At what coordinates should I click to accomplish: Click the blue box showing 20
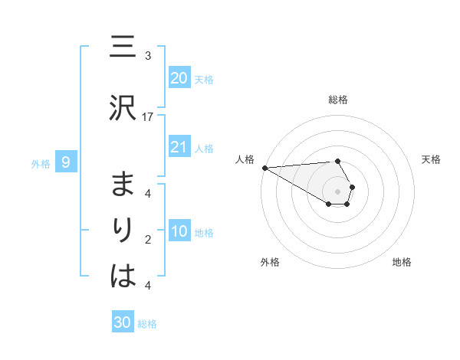(x=179, y=78)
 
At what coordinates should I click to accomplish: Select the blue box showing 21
(x=179, y=147)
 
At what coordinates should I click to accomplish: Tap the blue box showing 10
(x=179, y=231)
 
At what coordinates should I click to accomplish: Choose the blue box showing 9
(x=66, y=162)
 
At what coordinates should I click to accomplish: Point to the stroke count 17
(x=148, y=116)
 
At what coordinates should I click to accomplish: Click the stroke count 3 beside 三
(x=148, y=56)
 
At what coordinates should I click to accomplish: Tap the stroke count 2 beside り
(x=148, y=240)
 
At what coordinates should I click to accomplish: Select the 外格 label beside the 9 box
(x=41, y=163)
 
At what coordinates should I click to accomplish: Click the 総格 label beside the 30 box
(x=147, y=324)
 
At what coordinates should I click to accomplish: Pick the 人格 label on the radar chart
(x=245, y=159)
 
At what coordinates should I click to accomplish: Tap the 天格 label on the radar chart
(x=431, y=159)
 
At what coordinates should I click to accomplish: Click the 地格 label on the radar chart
(x=402, y=262)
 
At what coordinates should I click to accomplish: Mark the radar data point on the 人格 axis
(x=264, y=167)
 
